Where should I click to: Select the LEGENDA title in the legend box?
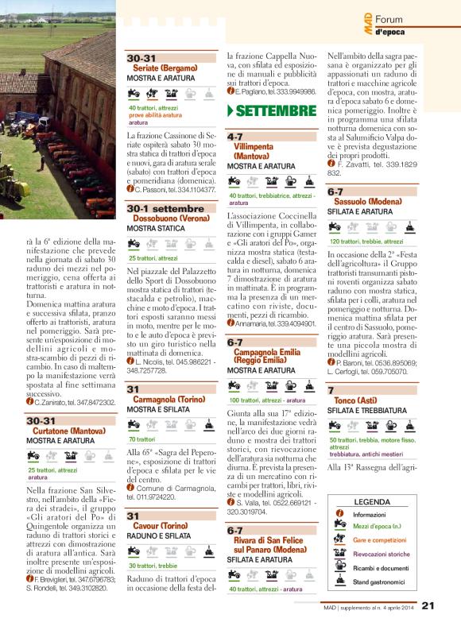click(372, 502)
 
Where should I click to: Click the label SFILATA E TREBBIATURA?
click(365, 410)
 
